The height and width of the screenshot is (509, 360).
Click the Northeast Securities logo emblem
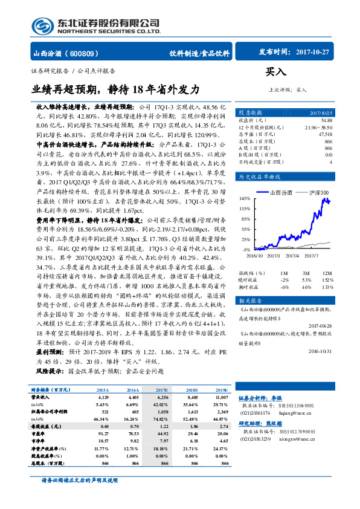[42, 27]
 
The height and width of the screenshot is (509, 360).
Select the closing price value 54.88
[326, 120]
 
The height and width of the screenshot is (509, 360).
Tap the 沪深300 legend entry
[318, 192]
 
